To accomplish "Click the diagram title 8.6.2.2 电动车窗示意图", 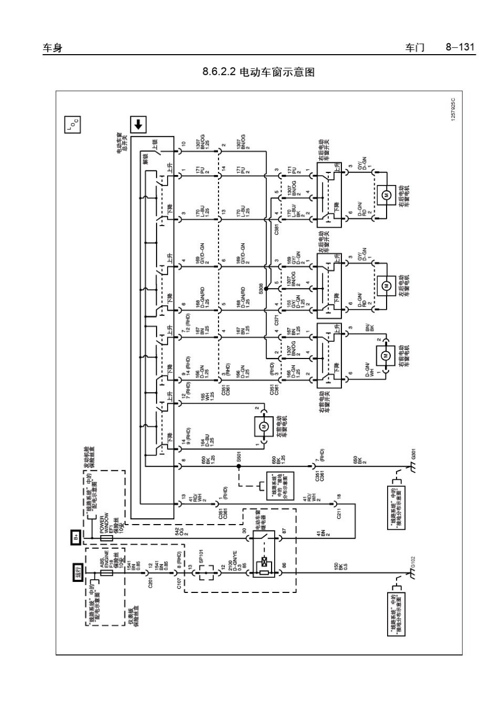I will pos(258,73).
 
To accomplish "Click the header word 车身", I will pos(52,48).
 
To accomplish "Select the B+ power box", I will pos(76,537).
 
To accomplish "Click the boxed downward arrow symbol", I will pos(138,125).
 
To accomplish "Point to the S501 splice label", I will pos(238,456).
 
